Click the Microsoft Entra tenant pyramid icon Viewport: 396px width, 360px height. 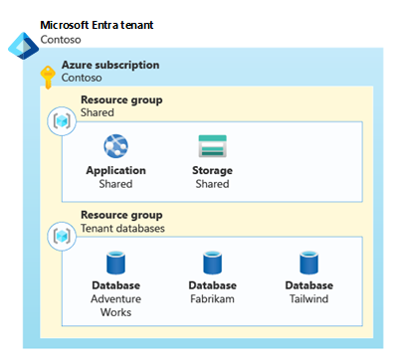pyautogui.click(x=23, y=46)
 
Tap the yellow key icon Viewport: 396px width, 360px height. pyautogui.click(x=48, y=77)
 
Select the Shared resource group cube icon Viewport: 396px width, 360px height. pyautogui.click(x=62, y=121)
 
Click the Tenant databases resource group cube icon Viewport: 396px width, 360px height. pyautogui.click(x=62, y=237)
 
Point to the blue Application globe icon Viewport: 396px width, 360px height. pyautogui.click(x=115, y=146)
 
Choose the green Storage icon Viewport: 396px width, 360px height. pyautogui.click(x=212, y=146)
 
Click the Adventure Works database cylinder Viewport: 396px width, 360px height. pyautogui.click(x=115, y=263)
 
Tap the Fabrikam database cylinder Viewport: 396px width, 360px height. pyautogui.click(x=212, y=263)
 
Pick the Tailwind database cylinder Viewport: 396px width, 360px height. pyautogui.click(x=308, y=263)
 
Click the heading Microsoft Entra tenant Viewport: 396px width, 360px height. pyautogui.click(x=97, y=25)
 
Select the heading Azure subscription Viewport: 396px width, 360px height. pyautogui.click(x=110, y=65)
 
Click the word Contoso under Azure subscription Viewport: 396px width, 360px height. pyautogui.click(x=82, y=78)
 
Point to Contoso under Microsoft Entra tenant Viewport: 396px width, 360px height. pyautogui.click(x=61, y=40)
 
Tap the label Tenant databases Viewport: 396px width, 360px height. pyautogui.click(x=122, y=228)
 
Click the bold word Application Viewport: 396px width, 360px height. pyautogui.click(x=115, y=170)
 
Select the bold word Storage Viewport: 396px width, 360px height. pyautogui.click(x=212, y=170)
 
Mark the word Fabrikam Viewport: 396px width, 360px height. pyautogui.click(x=212, y=298)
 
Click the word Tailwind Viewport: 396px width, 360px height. pyautogui.click(x=308, y=298)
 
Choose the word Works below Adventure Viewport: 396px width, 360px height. pyautogui.click(x=115, y=312)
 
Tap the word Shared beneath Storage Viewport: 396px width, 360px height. pyautogui.click(x=212, y=184)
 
